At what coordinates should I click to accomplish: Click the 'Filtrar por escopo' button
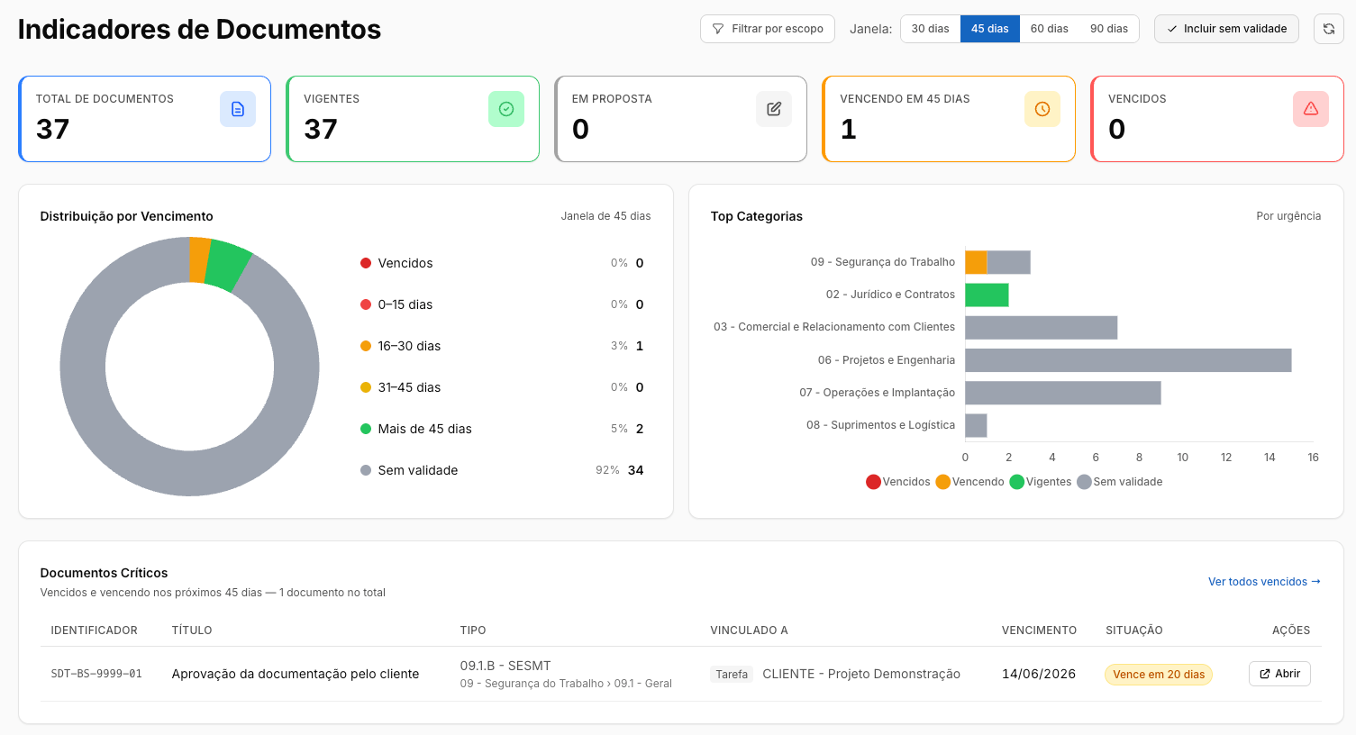tap(767, 29)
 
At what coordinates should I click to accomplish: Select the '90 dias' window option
tap(1108, 29)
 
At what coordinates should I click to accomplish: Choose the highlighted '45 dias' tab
tap(990, 29)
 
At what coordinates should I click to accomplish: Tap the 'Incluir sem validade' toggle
tap(1226, 29)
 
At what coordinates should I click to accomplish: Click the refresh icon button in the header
tap(1329, 29)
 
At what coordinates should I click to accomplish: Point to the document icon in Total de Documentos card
tap(238, 109)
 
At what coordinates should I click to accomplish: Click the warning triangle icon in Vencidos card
tap(1311, 109)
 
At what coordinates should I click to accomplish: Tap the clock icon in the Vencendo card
tap(1042, 109)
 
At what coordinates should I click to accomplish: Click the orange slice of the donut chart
tap(198, 260)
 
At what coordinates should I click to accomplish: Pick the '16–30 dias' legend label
tap(409, 346)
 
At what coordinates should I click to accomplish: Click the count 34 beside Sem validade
tap(635, 470)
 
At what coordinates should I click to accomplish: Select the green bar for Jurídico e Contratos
tap(987, 295)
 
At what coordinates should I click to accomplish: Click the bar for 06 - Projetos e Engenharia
tap(1128, 360)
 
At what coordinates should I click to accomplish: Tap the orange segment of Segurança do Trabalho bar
tap(976, 262)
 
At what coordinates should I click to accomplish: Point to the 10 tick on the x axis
tap(1182, 458)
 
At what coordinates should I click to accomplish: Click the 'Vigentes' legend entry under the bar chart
tap(1042, 482)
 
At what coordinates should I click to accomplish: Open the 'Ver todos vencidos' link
tap(1264, 581)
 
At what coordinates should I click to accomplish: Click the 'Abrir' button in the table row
tap(1279, 674)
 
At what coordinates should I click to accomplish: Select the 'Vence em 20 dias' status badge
tap(1159, 675)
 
